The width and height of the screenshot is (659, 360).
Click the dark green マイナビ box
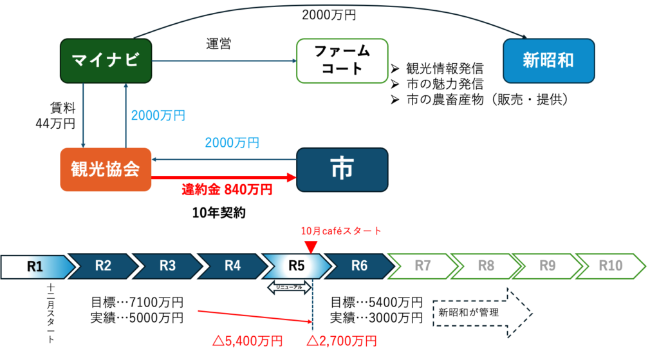point(106,61)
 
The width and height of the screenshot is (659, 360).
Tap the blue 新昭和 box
point(548,61)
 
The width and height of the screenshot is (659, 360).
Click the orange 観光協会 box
point(106,169)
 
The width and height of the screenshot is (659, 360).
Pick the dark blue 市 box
point(342,169)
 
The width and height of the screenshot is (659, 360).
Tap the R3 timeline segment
point(167,265)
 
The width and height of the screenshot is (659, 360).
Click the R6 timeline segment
point(358,265)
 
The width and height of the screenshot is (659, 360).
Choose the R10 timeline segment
point(610,265)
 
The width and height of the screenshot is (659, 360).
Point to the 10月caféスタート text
point(341,231)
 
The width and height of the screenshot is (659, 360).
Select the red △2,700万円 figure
point(342,340)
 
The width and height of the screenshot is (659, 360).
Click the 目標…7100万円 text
point(138,301)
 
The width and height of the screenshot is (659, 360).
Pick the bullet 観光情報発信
point(445,68)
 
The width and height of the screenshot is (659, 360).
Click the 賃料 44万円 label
point(59,114)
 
